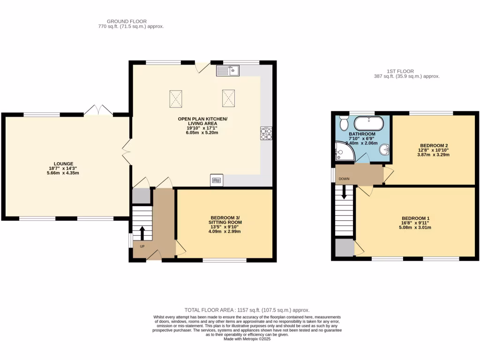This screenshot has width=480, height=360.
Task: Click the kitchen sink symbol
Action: tap(228, 71)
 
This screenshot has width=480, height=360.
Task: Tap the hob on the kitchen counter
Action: tap(265, 134)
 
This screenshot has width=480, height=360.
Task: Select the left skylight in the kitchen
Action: tap(176, 98)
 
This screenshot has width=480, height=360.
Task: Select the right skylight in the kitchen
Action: tap(228, 98)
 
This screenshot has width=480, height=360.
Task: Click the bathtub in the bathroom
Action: tap(368, 124)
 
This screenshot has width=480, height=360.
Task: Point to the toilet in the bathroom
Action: tap(344, 123)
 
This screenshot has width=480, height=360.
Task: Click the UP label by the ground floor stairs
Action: tap(142, 246)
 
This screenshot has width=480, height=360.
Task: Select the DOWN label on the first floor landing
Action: tap(344, 179)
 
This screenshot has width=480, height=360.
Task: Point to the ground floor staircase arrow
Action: tap(142, 232)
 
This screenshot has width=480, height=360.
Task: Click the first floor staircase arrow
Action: tap(345, 192)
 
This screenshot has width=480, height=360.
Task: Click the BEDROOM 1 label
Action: tap(415, 218)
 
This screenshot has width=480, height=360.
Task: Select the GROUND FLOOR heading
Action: tap(127, 22)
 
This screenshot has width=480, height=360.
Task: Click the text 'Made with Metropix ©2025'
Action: tap(247, 339)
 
